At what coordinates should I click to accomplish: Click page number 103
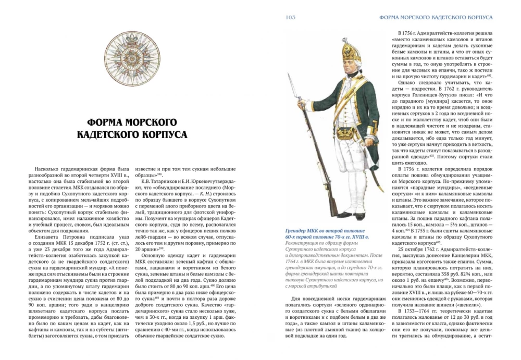(x=291, y=17)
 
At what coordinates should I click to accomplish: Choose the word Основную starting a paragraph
(x=156, y=256)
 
